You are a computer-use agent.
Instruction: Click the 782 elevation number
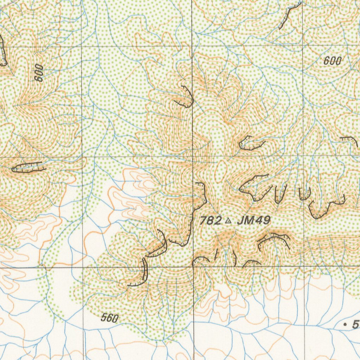point(211,221)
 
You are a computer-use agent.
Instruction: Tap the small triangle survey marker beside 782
point(228,221)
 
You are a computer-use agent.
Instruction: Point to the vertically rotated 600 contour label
point(39,73)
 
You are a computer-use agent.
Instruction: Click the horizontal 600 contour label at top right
point(332,61)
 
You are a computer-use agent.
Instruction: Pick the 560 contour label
point(109,319)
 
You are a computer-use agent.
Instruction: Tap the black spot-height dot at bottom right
point(345,326)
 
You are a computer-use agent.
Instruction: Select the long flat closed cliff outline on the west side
point(29,167)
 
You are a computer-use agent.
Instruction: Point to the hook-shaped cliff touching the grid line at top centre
point(186,98)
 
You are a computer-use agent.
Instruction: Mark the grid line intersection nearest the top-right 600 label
point(303,46)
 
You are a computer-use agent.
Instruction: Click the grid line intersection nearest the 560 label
point(83,268)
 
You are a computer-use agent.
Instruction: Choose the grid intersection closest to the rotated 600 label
point(82,46)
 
